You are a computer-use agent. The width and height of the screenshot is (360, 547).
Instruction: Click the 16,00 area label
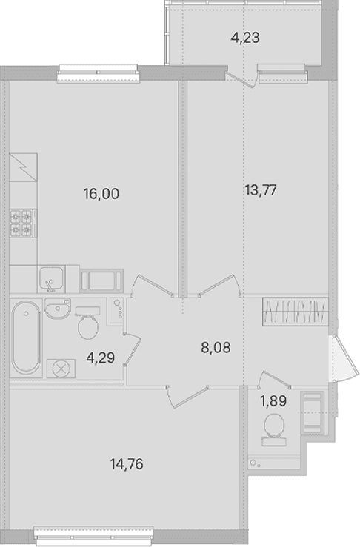pyautogui.click(x=101, y=194)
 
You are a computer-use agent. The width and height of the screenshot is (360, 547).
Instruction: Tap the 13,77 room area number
pyautogui.click(x=261, y=190)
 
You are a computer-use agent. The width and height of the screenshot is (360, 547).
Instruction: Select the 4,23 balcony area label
pyautogui.click(x=245, y=38)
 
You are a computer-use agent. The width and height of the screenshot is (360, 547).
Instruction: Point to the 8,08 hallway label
pyautogui.click(x=216, y=348)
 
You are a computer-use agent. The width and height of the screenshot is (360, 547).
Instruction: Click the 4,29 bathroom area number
pyautogui.click(x=101, y=358)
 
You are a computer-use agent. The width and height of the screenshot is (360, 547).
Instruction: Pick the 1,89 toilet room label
pyautogui.click(x=273, y=401)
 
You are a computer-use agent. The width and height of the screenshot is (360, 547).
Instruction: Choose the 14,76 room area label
pyautogui.click(x=127, y=464)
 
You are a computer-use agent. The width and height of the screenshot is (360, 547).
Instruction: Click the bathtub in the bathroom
pyautogui.click(x=26, y=338)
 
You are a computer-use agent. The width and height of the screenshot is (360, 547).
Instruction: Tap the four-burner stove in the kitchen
pyautogui.click(x=21, y=224)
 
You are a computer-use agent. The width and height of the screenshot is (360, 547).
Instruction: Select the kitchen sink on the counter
pyautogui.click(x=52, y=280)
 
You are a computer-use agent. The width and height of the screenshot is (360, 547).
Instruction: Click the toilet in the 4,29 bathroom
pyautogui.click(x=87, y=323)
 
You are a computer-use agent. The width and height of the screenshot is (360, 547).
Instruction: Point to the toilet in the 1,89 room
pyautogui.click(x=275, y=430)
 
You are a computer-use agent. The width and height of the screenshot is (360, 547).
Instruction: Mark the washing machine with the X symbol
pyautogui.click(x=61, y=369)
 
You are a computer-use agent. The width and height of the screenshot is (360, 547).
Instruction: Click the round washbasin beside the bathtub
pyautogui.click(x=58, y=309)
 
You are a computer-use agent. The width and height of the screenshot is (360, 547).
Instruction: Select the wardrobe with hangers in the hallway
pyautogui.click(x=296, y=312)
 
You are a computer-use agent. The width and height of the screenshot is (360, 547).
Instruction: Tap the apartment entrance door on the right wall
pyautogui.click(x=344, y=359)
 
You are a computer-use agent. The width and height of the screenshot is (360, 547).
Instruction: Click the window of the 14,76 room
pyautogui.click(x=94, y=536)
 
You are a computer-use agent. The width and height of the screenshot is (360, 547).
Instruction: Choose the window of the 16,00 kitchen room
pyautogui.click(x=98, y=73)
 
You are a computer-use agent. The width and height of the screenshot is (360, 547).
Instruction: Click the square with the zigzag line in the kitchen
pyautogui.click(x=23, y=167)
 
